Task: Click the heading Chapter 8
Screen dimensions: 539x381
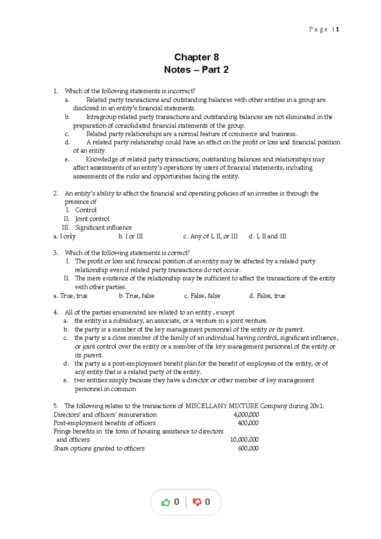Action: tap(196, 57)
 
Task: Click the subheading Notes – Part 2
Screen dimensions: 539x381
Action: tap(196, 70)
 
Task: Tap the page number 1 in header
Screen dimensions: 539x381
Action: tap(338, 30)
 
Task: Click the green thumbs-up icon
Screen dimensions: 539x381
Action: tap(165, 502)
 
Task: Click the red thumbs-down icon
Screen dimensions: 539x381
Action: tap(197, 502)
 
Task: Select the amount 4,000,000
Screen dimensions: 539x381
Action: tap(246, 415)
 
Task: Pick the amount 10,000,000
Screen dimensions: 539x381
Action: tap(244, 440)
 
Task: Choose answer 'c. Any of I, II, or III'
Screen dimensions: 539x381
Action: tap(211, 236)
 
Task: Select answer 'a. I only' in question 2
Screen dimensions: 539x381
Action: tap(64, 236)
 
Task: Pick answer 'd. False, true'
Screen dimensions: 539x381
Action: tap(267, 296)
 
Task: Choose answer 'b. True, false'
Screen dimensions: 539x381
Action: tap(137, 296)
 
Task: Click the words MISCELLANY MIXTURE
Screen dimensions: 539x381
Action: tap(222, 406)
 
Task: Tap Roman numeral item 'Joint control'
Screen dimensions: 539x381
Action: tap(92, 219)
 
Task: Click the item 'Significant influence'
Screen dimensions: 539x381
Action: tap(103, 228)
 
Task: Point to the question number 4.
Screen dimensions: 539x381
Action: tap(56, 312)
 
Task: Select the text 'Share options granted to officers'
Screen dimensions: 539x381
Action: tap(99, 448)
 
